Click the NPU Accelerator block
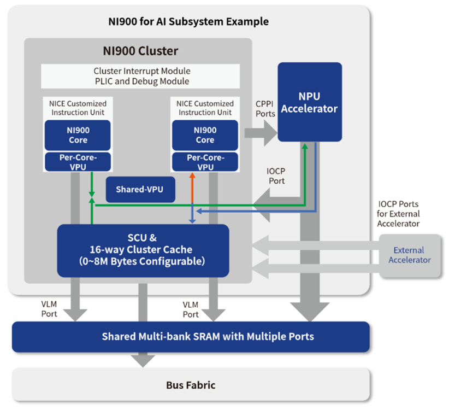[310, 102]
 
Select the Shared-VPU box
[140, 189]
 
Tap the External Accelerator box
[410, 255]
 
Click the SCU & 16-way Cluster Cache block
[143, 250]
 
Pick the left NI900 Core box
[78, 135]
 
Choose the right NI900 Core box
[205, 135]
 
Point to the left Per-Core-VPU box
[78, 162]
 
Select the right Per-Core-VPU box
[205, 162]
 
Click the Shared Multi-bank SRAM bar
[191, 337]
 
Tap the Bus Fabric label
[191, 385]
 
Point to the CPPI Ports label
[265, 109]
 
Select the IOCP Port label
[276, 176]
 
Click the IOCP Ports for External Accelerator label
[398, 214]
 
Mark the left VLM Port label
[49, 309]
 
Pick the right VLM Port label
[191, 309]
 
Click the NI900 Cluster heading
[140, 51]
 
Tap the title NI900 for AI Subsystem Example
[188, 21]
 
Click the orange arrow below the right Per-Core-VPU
[192, 188]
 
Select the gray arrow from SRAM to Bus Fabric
[143, 360]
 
